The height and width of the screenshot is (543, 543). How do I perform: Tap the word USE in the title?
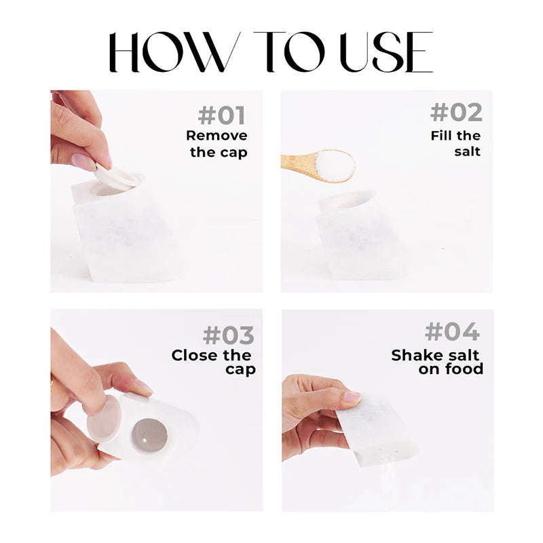386,52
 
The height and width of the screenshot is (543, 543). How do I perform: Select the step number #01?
222,115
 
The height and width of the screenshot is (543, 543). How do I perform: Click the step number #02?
456,113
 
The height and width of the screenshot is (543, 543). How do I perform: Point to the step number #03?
229,335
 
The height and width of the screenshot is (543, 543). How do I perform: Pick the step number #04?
452,332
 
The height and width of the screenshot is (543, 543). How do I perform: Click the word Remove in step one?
217,135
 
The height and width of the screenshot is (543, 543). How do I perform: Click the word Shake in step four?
414,355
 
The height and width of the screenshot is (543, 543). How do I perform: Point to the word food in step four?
464,369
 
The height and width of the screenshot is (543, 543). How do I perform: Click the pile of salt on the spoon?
335,166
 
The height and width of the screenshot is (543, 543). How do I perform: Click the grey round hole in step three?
149,436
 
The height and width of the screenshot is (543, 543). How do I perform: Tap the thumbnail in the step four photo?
353,396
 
